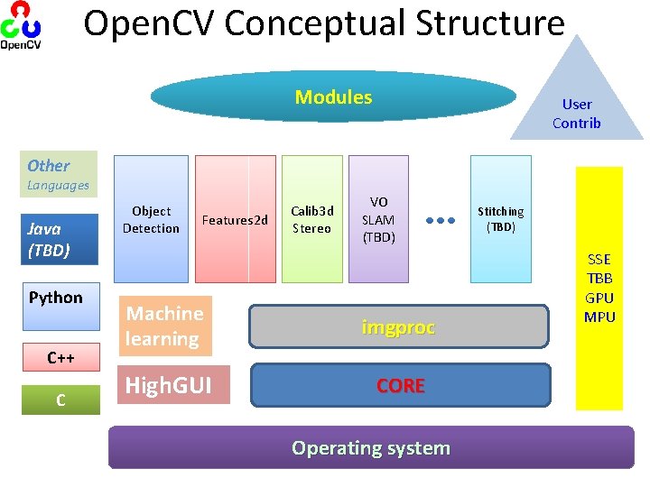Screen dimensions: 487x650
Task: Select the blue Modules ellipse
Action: (x=333, y=96)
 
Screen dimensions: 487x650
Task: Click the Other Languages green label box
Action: (x=60, y=165)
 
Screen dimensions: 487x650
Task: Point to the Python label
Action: (x=55, y=298)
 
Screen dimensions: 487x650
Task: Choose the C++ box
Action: (x=61, y=358)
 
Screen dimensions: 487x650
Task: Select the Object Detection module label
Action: (x=151, y=219)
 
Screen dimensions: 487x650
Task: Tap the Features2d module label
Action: (x=235, y=219)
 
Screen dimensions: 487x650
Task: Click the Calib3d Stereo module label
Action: (x=311, y=219)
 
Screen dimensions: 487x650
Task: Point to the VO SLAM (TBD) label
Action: (x=378, y=219)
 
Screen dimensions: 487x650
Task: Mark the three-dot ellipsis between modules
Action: (x=439, y=219)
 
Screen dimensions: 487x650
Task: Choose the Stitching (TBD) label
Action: (x=500, y=219)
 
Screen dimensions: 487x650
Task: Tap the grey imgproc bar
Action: (x=398, y=327)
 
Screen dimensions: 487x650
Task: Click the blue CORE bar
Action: (x=400, y=385)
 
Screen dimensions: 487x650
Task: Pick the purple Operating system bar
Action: (x=370, y=447)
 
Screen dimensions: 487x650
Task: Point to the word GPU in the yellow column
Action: (x=599, y=298)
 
